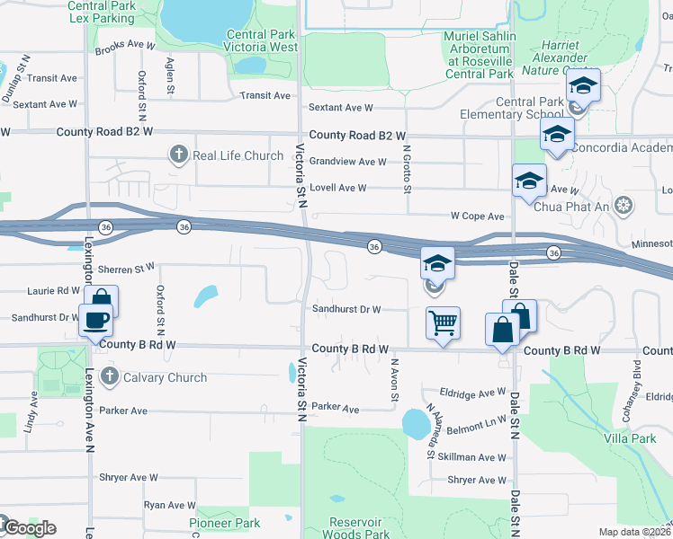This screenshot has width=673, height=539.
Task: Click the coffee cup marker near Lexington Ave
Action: point(94,320)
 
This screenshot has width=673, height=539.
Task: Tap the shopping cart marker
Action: point(442,323)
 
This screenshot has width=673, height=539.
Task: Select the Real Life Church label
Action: point(238,155)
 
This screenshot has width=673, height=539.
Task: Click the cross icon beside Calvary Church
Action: point(110,378)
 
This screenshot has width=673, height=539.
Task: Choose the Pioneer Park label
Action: point(224,523)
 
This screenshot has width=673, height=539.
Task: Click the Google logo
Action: point(29,527)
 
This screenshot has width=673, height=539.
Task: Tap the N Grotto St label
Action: point(407,171)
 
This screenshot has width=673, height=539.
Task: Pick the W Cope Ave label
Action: point(477,216)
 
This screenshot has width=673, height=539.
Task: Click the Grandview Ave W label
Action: point(347,163)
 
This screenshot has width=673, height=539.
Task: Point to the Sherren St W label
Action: point(127,269)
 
